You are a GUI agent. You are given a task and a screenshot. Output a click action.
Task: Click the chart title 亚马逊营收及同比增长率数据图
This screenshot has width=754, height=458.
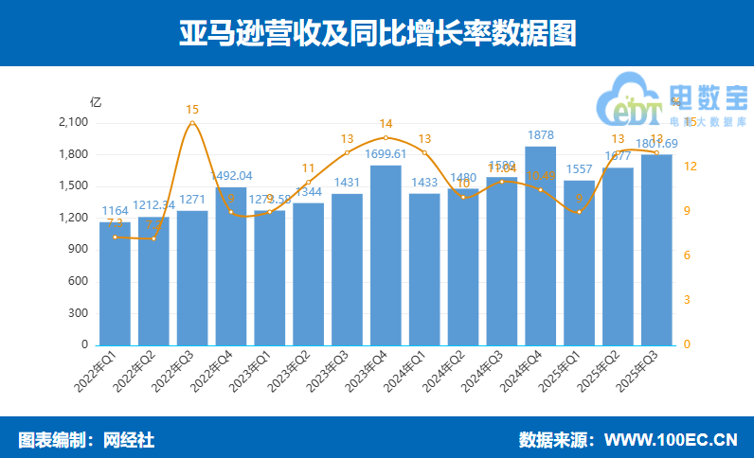(377, 33)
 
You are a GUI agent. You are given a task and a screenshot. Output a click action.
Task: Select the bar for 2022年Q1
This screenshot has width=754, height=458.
(115, 283)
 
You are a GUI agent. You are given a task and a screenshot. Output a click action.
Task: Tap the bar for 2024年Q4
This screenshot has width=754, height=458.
(540, 245)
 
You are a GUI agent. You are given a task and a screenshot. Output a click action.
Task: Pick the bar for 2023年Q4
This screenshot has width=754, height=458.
(386, 255)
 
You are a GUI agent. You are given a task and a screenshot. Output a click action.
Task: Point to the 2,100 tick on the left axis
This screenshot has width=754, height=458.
(73, 123)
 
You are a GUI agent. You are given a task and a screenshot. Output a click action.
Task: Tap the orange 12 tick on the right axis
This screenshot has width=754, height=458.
(691, 167)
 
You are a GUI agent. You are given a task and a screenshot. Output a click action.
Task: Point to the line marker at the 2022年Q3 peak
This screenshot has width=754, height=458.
(192, 122)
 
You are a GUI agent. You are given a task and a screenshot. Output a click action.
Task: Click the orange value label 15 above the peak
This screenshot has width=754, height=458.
(192, 109)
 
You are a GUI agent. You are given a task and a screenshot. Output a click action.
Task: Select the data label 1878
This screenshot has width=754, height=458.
(540, 134)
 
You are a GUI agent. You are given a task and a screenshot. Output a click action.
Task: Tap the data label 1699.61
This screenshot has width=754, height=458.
(386, 153)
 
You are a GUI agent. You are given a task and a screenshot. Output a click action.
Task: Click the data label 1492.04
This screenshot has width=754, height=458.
(231, 175)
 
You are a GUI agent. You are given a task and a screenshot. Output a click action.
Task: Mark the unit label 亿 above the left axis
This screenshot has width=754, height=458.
(95, 102)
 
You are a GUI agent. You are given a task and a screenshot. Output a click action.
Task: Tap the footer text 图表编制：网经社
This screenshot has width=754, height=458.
(86, 440)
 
